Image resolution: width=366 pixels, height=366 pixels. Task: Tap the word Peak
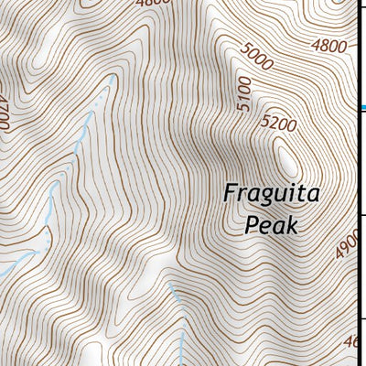(x=273, y=224)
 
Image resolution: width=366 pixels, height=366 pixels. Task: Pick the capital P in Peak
(x=251, y=224)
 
